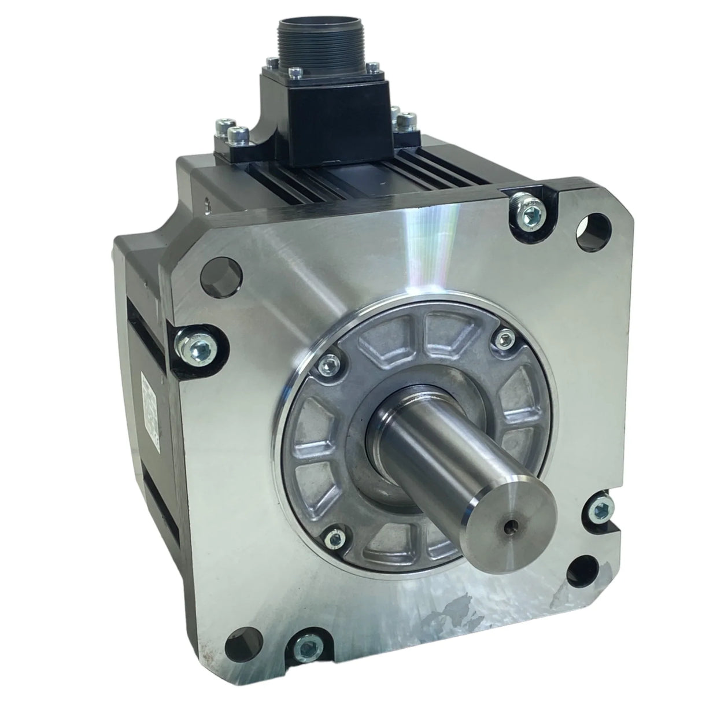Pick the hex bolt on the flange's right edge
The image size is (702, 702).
[601, 510]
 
